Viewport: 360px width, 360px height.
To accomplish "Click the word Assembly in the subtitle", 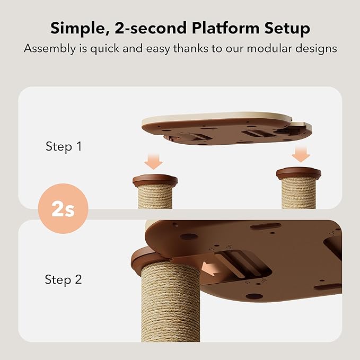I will pos(49,49).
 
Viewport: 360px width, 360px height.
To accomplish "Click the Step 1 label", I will pos(64,146).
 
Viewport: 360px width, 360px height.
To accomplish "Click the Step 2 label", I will pos(64,279).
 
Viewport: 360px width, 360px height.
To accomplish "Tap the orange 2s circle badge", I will pos(63,209).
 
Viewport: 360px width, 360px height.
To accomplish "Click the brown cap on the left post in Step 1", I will pos(155,180).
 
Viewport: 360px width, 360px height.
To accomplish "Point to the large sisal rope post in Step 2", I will pos(170,308).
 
